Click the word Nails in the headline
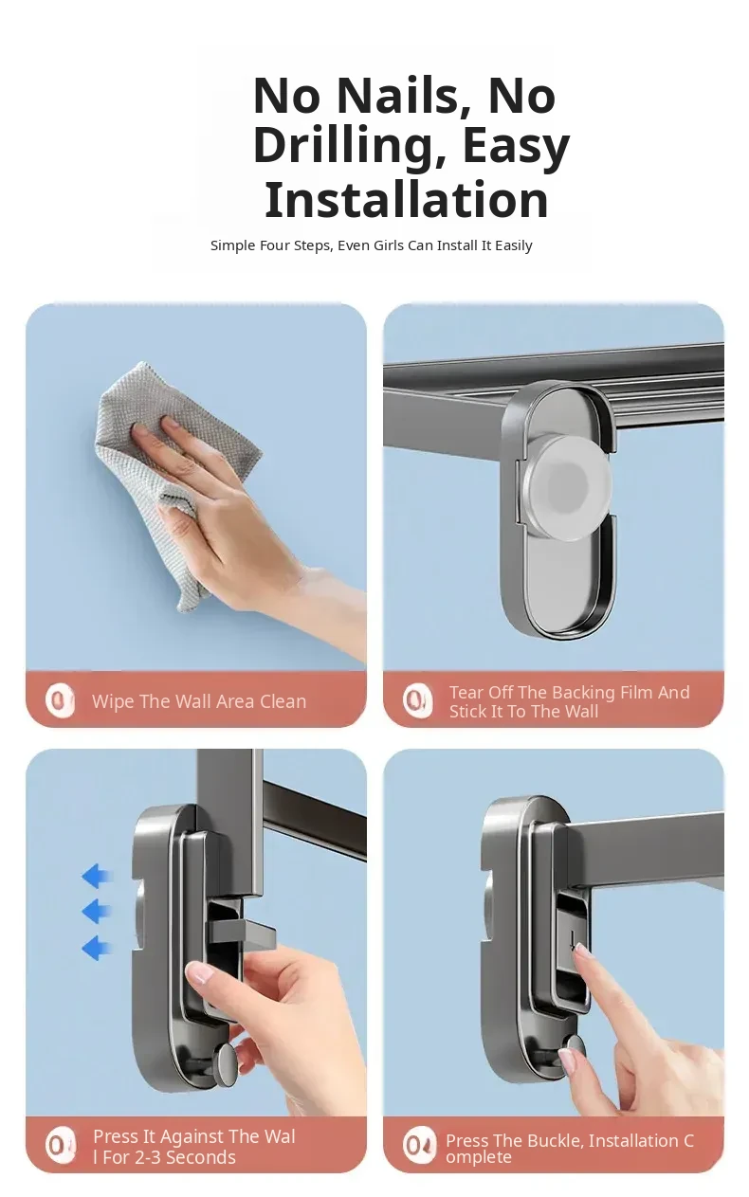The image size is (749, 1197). pos(398,96)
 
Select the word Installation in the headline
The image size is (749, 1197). pos(407,199)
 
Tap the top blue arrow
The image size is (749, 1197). pos(97,876)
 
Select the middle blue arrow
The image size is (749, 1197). pos(97,912)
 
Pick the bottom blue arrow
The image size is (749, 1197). pos(97,948)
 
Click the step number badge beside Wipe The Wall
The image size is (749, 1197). pos(60,700)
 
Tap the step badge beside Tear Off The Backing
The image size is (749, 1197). pos(417,700)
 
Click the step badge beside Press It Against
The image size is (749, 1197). pos(60,1145)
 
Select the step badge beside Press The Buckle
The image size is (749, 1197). pos(419,1145)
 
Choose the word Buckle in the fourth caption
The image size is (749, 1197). pos(556,1141)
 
